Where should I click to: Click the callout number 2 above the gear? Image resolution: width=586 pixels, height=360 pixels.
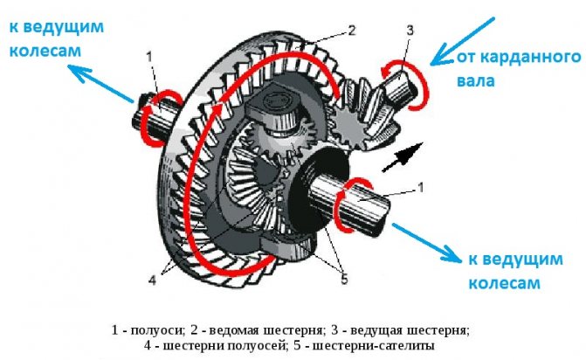tap(351, 31)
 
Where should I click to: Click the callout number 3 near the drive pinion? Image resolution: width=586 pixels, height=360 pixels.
tap(410, 31)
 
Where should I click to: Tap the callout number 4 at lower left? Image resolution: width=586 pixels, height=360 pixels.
tap(153, 280)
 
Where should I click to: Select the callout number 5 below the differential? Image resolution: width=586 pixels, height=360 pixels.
tap(343, 280)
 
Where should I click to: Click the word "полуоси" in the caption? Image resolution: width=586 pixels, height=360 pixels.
tap(154, 330)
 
